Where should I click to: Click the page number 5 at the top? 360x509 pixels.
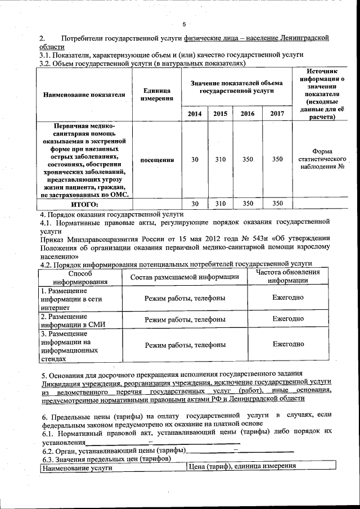pyautogui.click(x=184, y=24)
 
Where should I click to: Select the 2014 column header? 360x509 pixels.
pyautogui.click(x=195, y=114)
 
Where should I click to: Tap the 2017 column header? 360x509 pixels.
pyautogui.click(x=277, y=114)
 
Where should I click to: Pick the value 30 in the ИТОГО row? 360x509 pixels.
pyautogui.click(x=195, y=204)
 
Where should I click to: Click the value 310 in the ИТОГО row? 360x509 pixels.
pyautogui.click(x=220, y=204)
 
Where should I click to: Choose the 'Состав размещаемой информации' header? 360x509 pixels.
pyautogui.click(x=185, y=277)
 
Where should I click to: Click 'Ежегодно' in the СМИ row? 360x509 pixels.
pyautogui.click(x=288, y=319)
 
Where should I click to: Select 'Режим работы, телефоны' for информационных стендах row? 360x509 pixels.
pyautogui.click(x=185, y=344)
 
